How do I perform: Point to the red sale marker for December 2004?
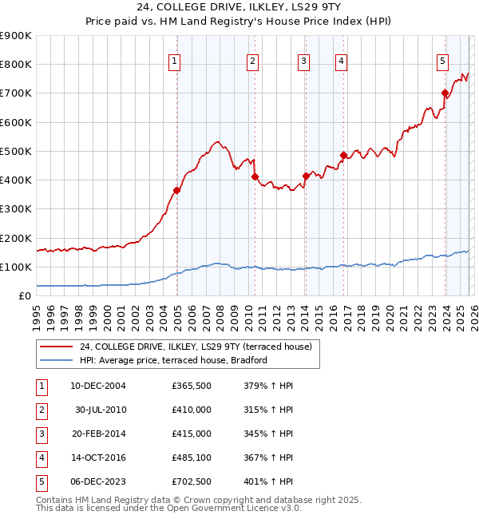click(x=176, y=190)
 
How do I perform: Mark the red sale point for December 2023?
click(x=444, y=93)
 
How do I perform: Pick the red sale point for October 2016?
click(x=343, y=155)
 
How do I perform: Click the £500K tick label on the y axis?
click(x=17, y=151)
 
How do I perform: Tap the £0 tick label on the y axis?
click(x=24, y=295)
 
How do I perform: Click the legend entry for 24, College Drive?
click(x=200, y=347)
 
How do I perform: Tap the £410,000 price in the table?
click(x=191, y=409)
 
